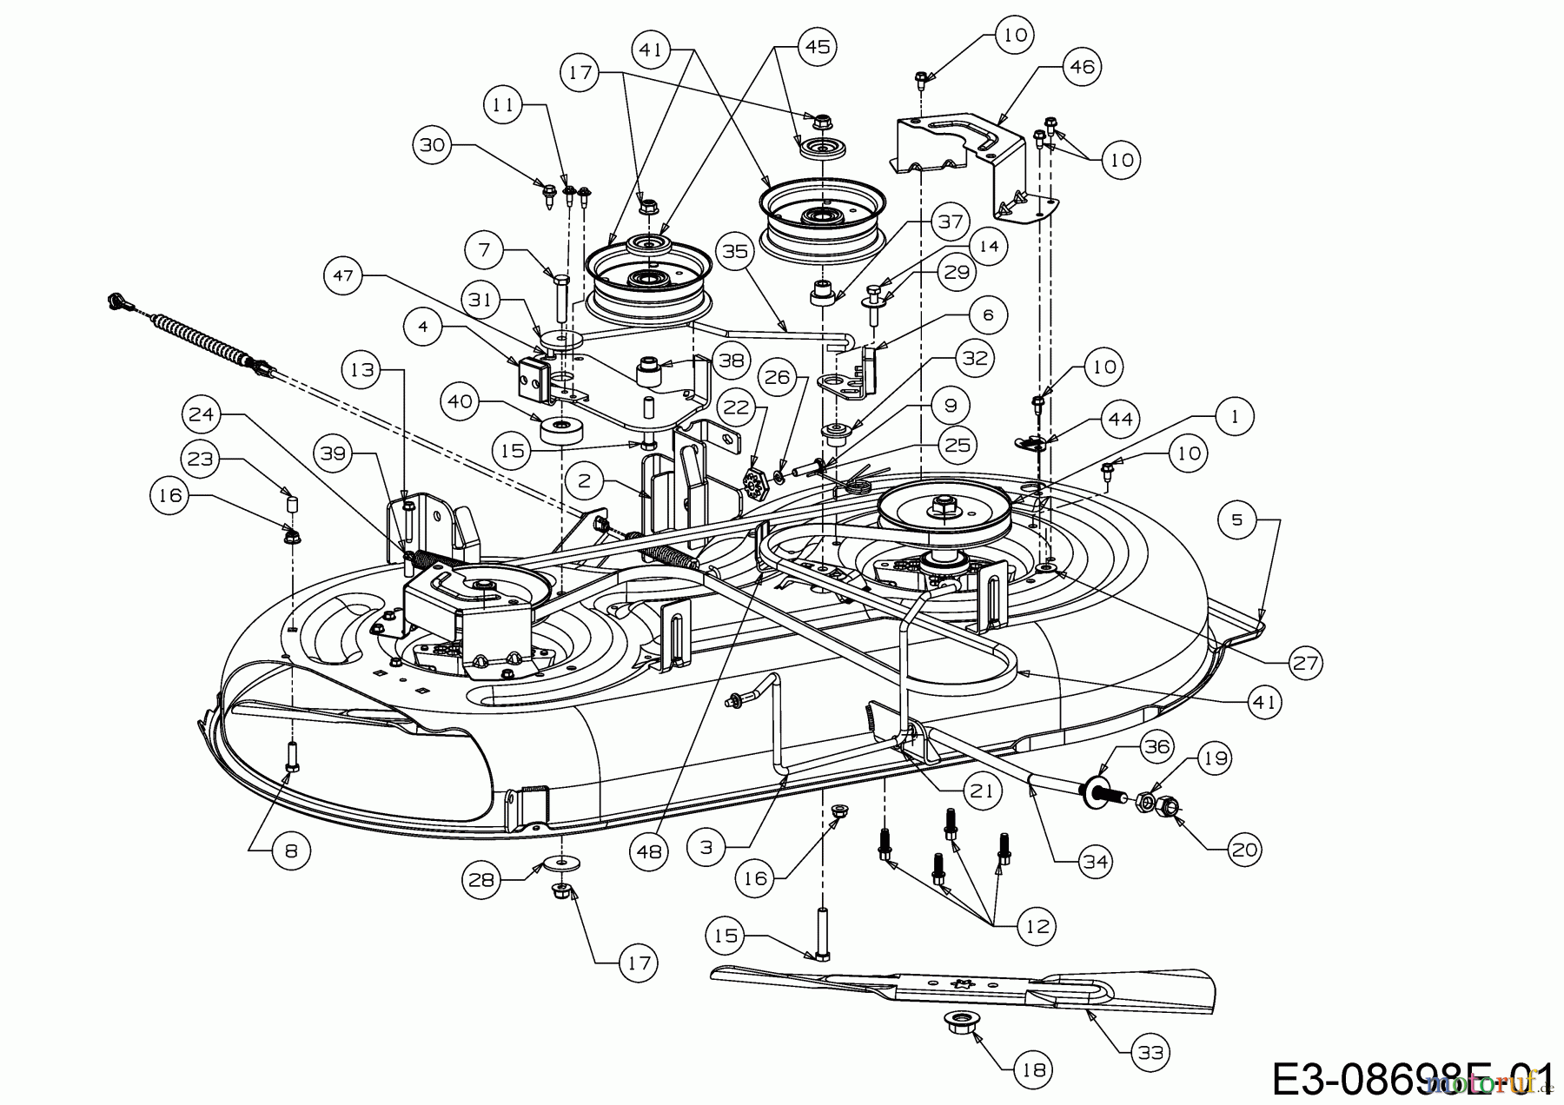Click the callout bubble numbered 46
(x=1082, y=67)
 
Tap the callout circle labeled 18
(x=1033, y=1069)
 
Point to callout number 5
(x=1237, y=520)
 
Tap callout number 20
(x=1245, y=849)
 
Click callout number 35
(x=736, y=252)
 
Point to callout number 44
(x=1120, y=420)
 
